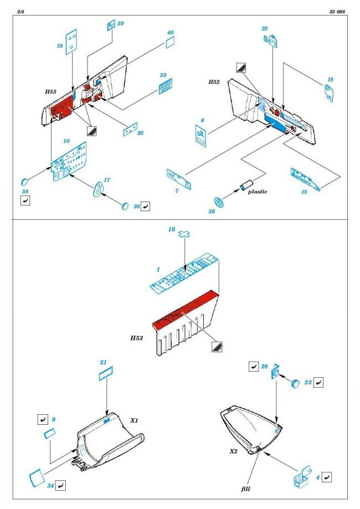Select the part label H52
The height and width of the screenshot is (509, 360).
tap(214, 82)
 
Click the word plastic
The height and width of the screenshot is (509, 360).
tap(257, 192)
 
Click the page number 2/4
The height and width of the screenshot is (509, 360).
tap(20, 11)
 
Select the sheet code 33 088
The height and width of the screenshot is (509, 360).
tap(336, 11)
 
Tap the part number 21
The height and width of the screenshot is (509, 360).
tap(103, 362)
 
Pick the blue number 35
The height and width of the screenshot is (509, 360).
tap(265, 28)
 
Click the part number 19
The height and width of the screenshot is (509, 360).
tap(59, 47)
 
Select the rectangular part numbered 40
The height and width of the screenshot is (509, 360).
tap(171, 42)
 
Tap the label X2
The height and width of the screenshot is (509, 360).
tap(234, 452)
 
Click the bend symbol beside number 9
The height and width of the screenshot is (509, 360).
tap(43, 419)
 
